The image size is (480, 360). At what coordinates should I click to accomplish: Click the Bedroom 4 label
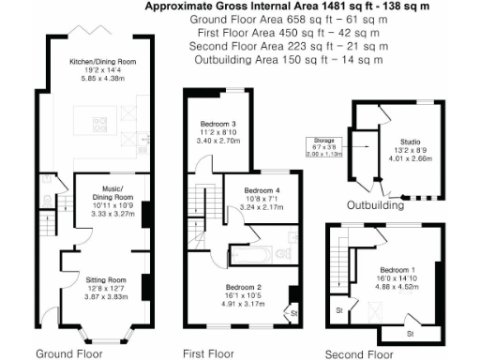click(x=249, y=191)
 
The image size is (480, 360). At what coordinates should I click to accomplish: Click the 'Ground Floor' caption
click(x=67, y=353)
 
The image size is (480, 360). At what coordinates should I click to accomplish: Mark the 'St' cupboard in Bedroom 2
click(x=293, y=312)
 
